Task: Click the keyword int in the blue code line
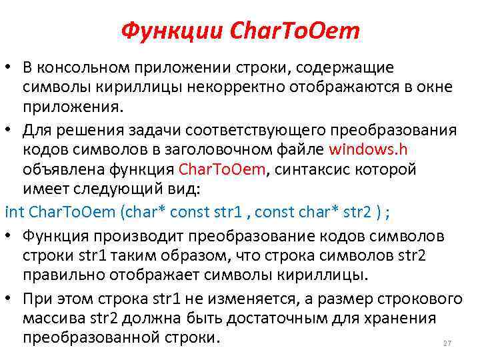tap(13, 212)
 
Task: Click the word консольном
tap(89, 68)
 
